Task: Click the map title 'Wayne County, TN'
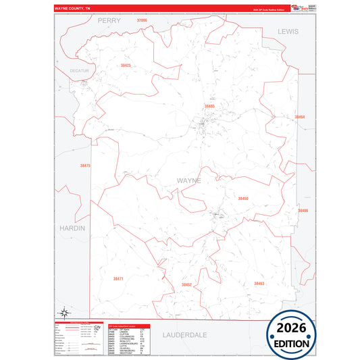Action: tap(72, 9)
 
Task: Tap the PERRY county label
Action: tap(109, 21)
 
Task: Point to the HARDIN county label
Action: tap(72, 228)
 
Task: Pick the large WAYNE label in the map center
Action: tap(188, 181)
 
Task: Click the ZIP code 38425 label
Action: tap(126, 66)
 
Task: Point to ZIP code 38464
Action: tap(300, 117)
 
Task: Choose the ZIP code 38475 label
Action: tap(85, 165)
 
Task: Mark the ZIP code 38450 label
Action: tap(243, 199)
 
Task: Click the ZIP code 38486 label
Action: tap(303, 211)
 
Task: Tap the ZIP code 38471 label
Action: tap(119, 278)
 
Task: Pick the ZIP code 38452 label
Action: tap(186, 285)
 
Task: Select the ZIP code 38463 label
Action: tap(259, 284)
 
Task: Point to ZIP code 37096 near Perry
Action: tap(142, 21)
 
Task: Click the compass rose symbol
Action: tap(63, 312)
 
